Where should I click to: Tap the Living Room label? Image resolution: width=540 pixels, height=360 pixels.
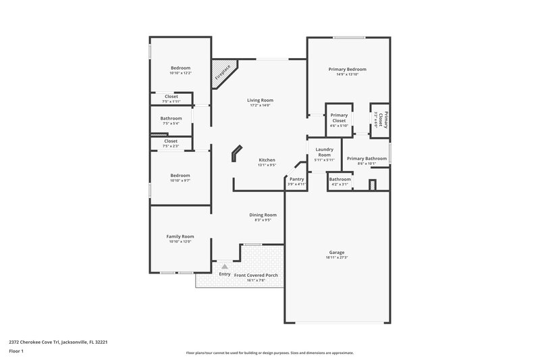[x=260, y=100]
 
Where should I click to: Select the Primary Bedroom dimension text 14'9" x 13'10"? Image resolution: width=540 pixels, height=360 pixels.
[x=347, y=74]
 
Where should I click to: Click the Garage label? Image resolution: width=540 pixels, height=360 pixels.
[x=336, y=252]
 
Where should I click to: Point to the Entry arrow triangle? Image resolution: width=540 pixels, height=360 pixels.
[x=225, y=267]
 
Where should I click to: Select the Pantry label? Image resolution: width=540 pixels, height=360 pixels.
[x=297, y=179]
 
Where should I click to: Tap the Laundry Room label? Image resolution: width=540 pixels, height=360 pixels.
[x=325, y=151]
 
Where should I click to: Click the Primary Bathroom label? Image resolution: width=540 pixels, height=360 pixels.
[x=367, y=159]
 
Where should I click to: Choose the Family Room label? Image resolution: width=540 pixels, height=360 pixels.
[x=180, y=236]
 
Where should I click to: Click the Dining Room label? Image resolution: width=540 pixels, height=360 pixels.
[x=263, y=215]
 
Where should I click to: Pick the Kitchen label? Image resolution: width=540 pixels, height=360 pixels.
[x=267, y=160]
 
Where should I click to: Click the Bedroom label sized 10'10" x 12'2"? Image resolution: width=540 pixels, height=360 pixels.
[x=180, y=68]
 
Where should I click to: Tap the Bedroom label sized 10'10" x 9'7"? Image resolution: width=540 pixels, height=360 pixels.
[x=180, y=176]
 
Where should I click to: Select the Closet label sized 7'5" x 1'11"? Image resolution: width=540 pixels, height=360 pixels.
[x=171, y=97]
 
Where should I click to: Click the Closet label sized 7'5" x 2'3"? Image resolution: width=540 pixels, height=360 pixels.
[x=171, y=141]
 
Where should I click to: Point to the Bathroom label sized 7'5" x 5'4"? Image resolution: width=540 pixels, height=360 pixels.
[x=171, y=118]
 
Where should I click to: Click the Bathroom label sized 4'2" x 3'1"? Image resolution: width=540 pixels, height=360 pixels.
[x=340, y=179]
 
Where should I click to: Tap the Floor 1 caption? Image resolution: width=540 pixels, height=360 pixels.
[x=16, y=352]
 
